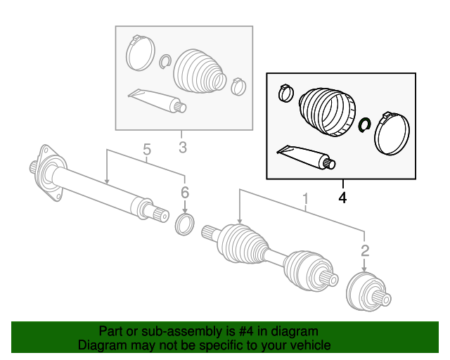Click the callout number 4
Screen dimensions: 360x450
pos(342,198)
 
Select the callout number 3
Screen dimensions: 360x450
pos(182,148)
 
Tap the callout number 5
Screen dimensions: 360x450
pos(146,149)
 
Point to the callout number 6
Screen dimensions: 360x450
pos(185,192)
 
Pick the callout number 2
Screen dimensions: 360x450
pos(365,250)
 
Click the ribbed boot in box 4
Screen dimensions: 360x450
pos(326,109)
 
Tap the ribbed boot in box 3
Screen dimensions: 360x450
pos(200,69)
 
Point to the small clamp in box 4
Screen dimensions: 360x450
pos(286,92)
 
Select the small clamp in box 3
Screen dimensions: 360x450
pos(238,86)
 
